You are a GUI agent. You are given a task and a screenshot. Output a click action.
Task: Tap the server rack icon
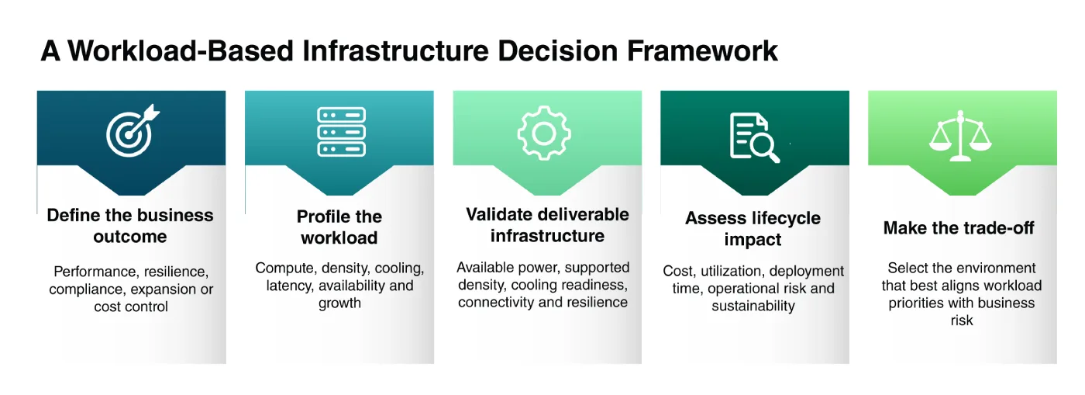(342, 132)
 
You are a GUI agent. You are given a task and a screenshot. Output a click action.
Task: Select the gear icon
(544, 133)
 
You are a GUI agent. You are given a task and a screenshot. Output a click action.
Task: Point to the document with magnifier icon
(754, 138)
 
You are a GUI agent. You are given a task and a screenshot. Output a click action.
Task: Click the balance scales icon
(960, 136)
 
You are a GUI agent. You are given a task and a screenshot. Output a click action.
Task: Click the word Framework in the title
(702, 50)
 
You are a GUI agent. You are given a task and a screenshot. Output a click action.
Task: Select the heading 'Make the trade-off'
(959, 227)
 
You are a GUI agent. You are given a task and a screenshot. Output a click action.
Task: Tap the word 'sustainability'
(753, 306)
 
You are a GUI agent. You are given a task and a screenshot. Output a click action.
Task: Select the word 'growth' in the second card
(339, 303)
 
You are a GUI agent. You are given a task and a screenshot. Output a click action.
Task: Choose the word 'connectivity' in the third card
(496, 303)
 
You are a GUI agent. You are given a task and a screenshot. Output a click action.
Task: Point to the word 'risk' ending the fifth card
(962, 321)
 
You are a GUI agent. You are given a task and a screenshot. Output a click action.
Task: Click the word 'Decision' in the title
(557, 50)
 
